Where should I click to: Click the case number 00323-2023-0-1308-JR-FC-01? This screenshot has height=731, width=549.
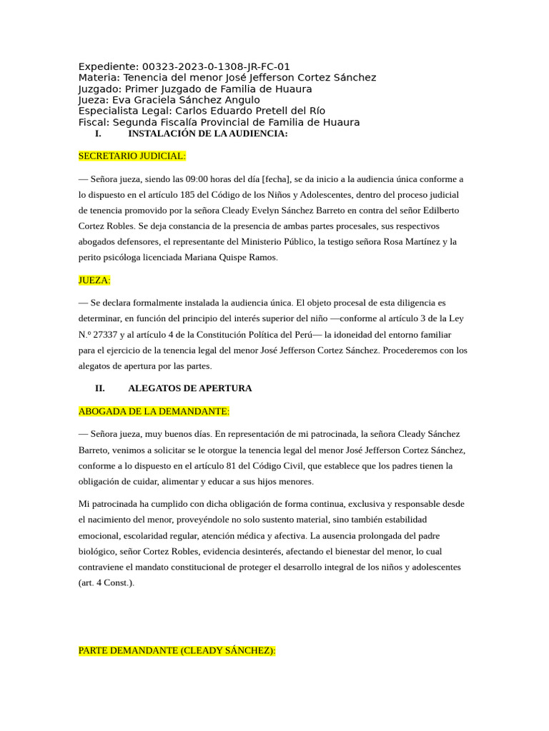coord(216,66)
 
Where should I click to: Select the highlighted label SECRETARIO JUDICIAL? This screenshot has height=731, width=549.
coord(132,155)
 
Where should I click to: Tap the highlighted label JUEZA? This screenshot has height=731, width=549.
coord(94,281)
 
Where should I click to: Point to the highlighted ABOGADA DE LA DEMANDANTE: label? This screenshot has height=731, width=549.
coord(154,411)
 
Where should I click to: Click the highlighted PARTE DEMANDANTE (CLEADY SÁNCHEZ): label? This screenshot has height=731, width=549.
coord(177,650)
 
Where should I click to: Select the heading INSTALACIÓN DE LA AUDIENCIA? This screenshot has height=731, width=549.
coord(207,133)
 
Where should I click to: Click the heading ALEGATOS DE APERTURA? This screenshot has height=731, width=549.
coord(189,388)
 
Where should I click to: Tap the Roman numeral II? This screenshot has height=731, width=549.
coord(99,388)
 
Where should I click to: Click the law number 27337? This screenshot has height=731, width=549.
coord(109,334)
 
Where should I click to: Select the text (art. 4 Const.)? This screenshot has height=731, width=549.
coord(106,583)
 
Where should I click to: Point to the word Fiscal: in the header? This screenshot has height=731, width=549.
coord(94,122)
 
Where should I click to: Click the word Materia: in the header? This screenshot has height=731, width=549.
coord(99,77)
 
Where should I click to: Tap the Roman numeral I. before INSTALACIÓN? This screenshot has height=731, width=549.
coord(98,133)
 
